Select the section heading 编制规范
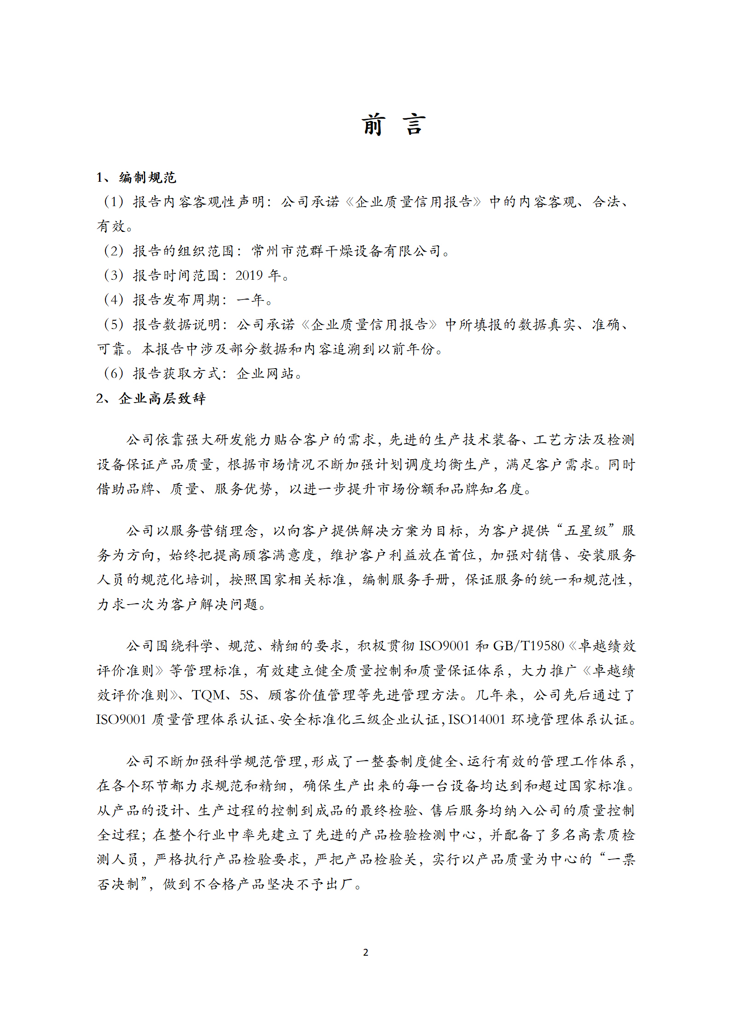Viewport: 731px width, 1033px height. point(147,178)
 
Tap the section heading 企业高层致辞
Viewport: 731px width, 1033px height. point(162,398)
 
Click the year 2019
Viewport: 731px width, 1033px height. point(249,276)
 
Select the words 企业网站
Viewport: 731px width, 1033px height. point(265,374)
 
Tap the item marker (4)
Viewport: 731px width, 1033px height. point(113,300)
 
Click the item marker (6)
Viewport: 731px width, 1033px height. point(113,374)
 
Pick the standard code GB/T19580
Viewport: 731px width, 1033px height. point(528,646)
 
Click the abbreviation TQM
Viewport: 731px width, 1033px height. point(209,695)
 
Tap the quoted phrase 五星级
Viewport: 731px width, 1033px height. point(586,531)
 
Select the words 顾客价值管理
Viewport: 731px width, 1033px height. point(312,695)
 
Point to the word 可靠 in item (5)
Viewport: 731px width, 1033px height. point(111,349)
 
